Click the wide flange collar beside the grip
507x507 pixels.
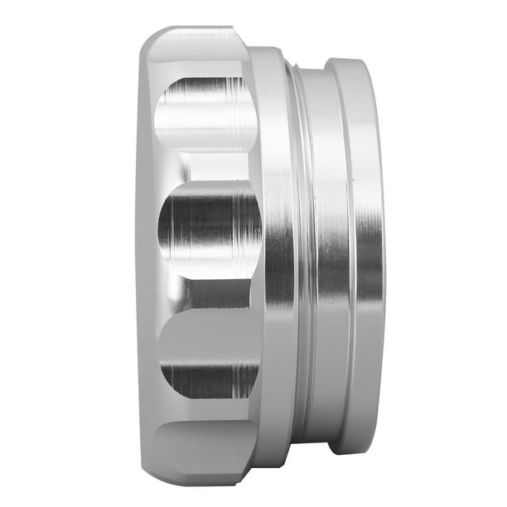coord(272,249)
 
